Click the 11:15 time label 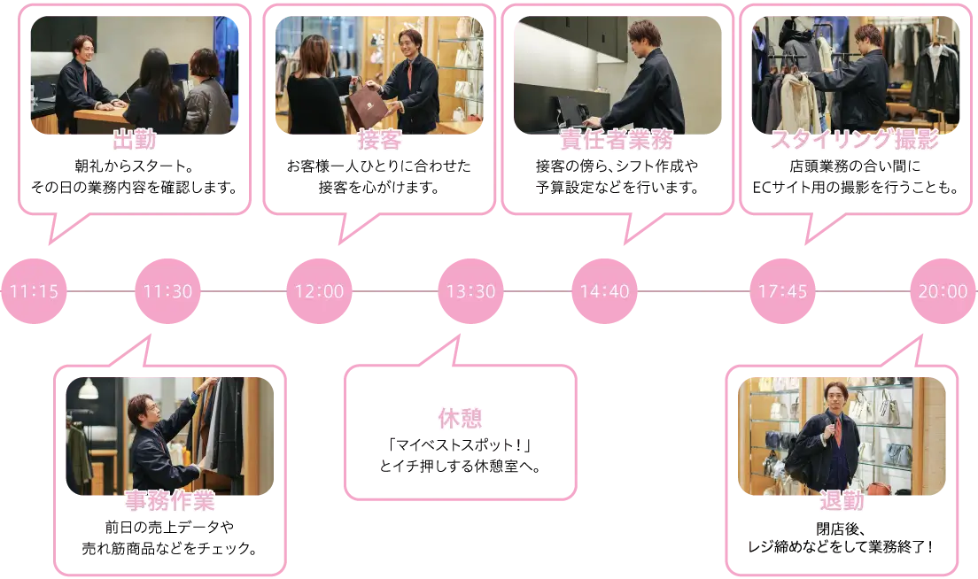click(x=35, y=291)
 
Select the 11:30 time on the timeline click(x=168, y=291)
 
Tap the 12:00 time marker click(x=319, y=291)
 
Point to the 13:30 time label click(x=470, y=291)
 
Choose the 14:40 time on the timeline click(x=604, y=291)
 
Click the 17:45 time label click(x=782, y=291)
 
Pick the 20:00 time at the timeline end click(x=943, y=291)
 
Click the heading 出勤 click(x=135, y=140)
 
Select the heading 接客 click(x=380, y=140)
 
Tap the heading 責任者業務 click(x=617, y=140)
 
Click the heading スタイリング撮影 click(x=855, y=140)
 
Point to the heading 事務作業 click(x=169, y=501)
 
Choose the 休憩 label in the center click(x=461, y=417)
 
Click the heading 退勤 click(x=841, y=501)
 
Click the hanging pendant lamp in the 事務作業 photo click(x=88, y=389)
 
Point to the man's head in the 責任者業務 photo click(x=644, y=37)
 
